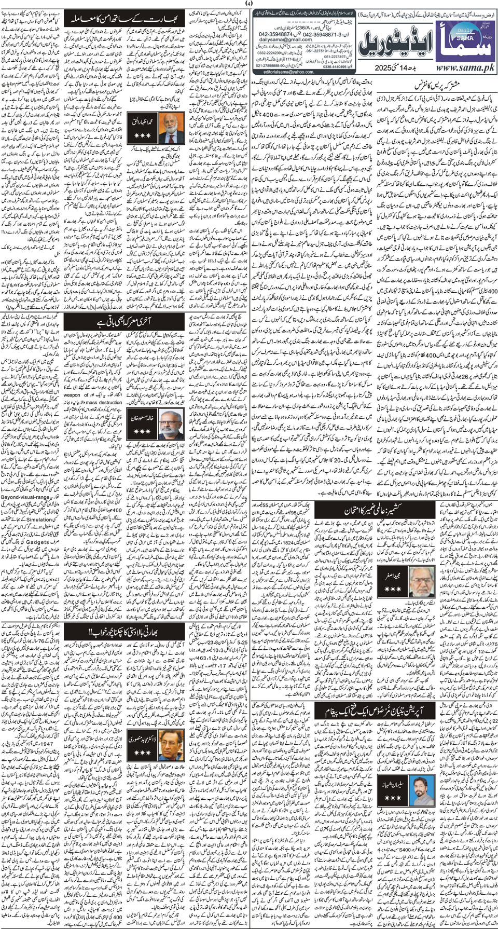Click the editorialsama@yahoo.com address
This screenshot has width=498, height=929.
coord(293,72)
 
